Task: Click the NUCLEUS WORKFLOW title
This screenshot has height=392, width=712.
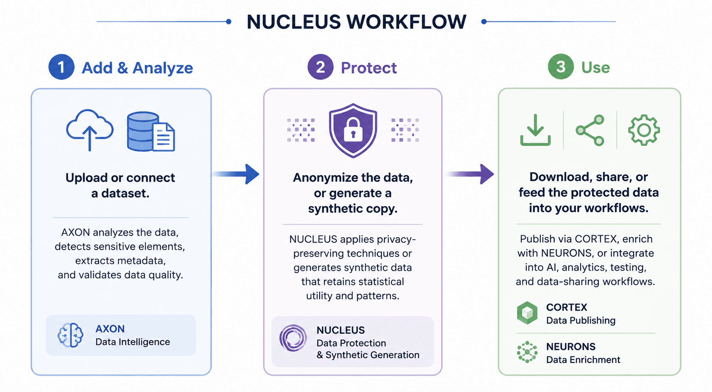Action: tap(356, 22)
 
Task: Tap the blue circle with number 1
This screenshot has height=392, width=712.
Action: tap(61, 67)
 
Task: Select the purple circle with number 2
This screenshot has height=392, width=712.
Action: tap(320, 67)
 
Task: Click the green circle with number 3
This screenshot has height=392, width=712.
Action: tap(561, 67)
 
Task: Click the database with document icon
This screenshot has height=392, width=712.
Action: tap(151, 132)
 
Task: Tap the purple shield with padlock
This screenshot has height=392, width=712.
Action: tap(353, 130)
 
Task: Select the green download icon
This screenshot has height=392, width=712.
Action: tap(535, 130)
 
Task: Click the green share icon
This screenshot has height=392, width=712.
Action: tap(590, 130)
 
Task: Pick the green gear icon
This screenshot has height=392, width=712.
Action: tap(644, 130)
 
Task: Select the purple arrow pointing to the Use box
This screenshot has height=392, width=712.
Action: tap(470, 174)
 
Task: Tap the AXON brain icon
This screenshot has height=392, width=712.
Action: tap(70, 335)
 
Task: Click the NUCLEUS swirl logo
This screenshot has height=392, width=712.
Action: tap(293, 338)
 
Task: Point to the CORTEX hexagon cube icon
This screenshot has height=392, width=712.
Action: tap(527, 313)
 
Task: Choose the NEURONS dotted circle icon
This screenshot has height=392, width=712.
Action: tap(527, 352)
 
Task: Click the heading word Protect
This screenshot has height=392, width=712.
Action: tap(369, 68)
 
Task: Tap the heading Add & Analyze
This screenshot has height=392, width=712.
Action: tap(137, 68)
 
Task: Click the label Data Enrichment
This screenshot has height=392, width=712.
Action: tap(583, 360)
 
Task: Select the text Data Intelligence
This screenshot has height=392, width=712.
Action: tap(133, 342)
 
